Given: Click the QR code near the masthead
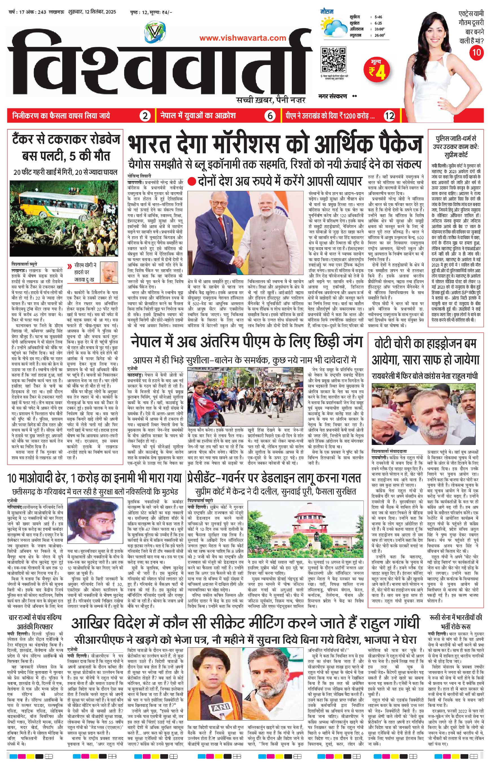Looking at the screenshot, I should tap(334, 60).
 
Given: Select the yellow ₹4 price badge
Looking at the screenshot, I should tap(377, 69).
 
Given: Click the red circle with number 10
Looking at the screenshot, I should tap(476, 52).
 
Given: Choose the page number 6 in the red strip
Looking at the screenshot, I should tap(270, 116).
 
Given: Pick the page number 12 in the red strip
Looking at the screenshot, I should tap(390, 116).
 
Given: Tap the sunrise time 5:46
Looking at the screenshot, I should tap(379, 17).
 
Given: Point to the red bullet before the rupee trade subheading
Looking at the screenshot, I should tap(191, 182).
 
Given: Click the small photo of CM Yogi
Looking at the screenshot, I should tap(108, 272).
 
